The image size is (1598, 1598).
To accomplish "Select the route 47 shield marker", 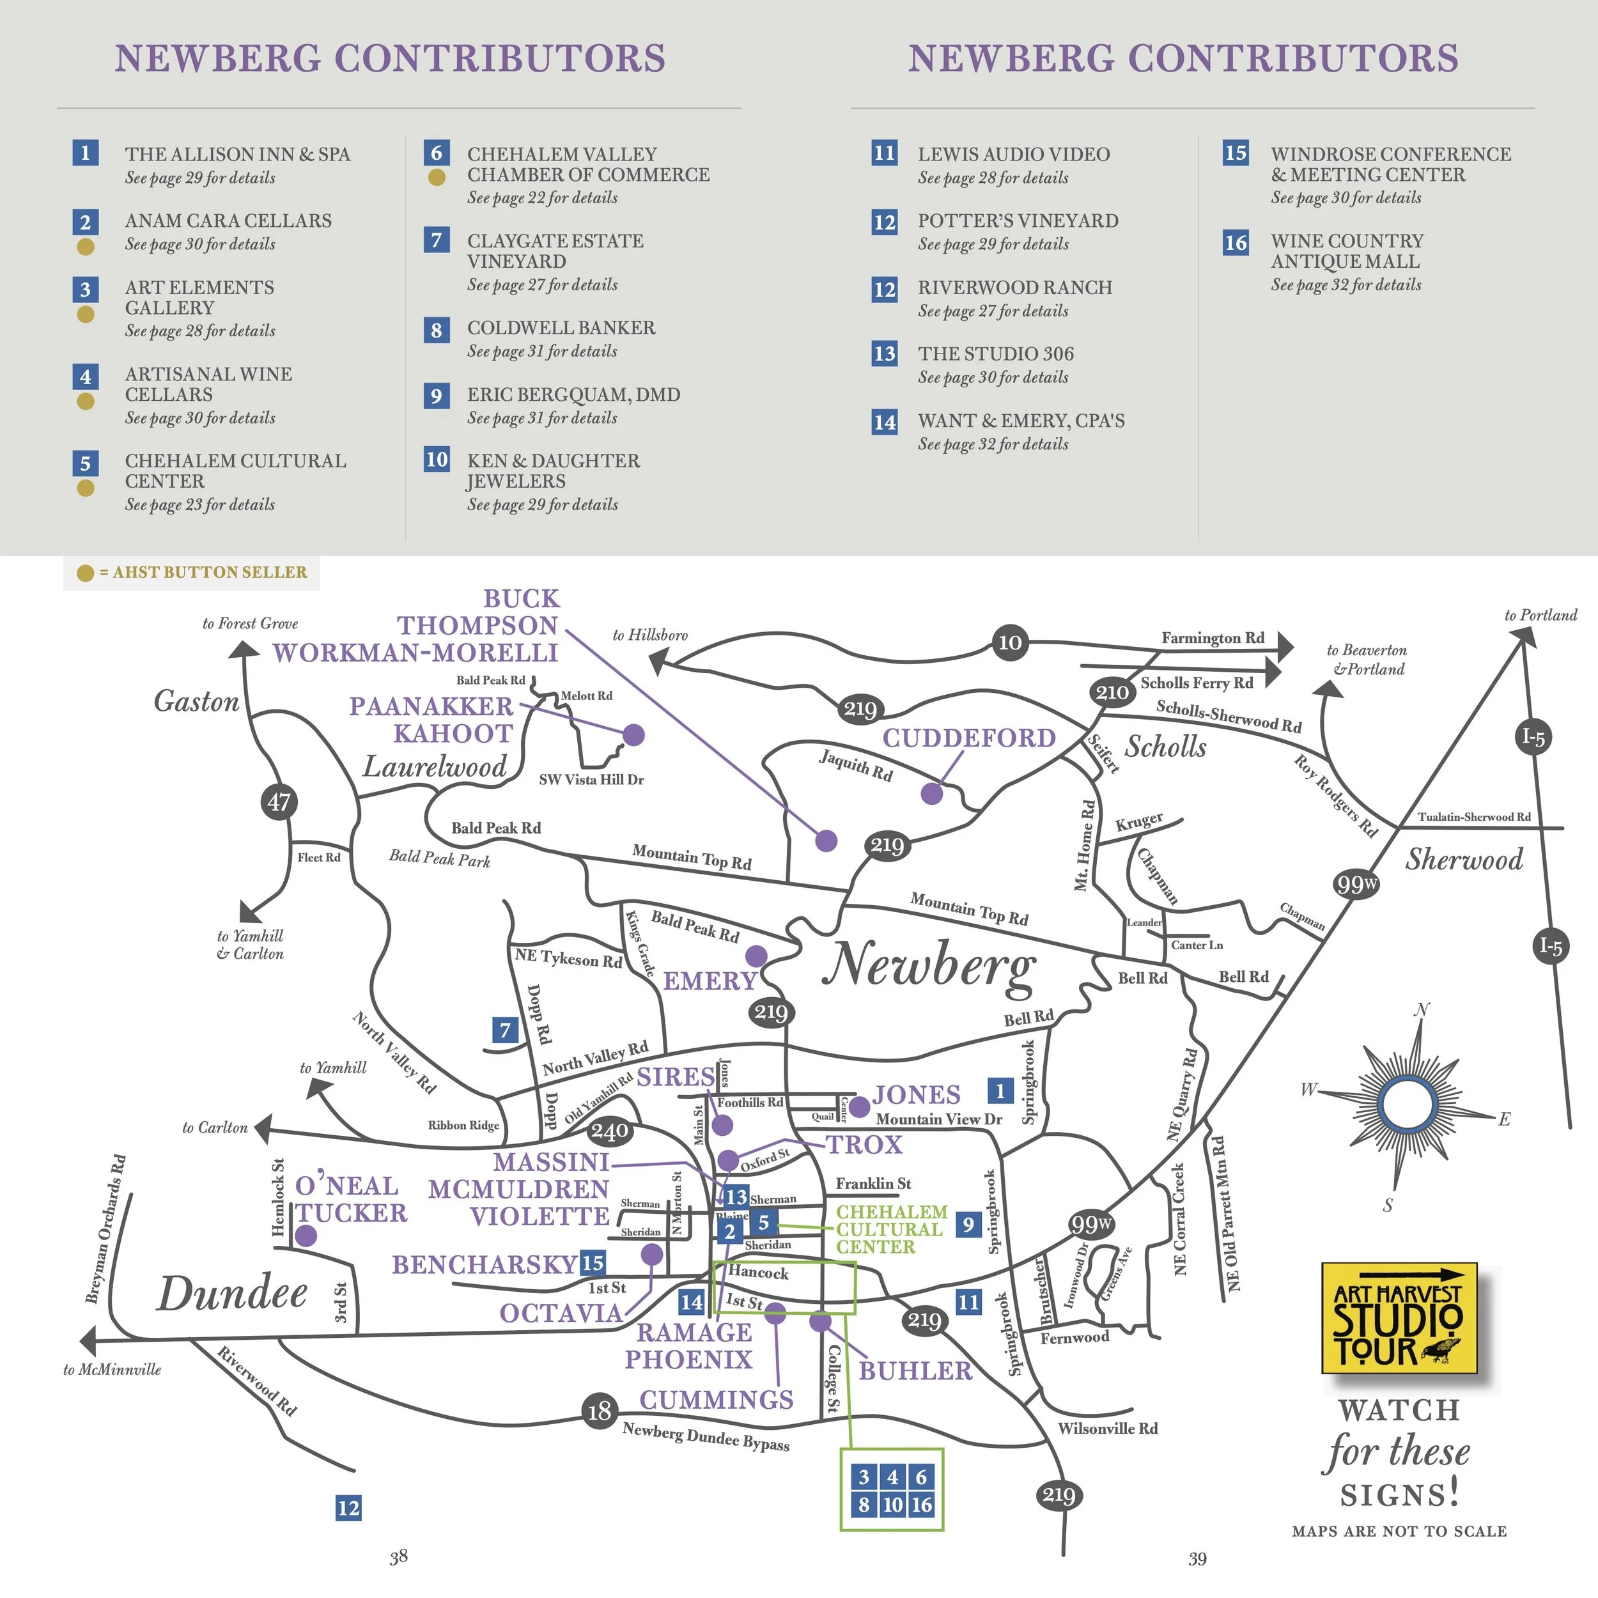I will (x=279, y=802).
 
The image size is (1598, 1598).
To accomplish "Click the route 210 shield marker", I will (x=1112, y=692).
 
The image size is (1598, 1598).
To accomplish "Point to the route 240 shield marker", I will (x=610, y=1131).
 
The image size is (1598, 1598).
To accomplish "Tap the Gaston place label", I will (x=196, y=701).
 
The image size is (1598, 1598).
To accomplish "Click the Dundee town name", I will (x=233, y=1294).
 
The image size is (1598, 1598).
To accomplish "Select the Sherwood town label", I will (x=1464, y=859).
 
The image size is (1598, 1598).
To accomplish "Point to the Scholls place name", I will (x=1165, y=747).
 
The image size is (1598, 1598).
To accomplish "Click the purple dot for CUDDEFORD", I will (x=932, y=793).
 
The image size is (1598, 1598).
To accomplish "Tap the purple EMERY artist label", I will (x=710, y=981).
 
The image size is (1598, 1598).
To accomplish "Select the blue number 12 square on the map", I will (x=348, y=1508).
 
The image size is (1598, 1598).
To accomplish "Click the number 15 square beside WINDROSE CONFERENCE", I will (x=1236, y=153).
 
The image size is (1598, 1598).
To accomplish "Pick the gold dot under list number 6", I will (x=437, y=177).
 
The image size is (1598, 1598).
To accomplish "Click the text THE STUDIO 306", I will (x=996, y=354).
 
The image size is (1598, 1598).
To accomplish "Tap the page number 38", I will (x=399, y=1558).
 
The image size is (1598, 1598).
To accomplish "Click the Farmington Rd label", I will (x=1213, y=638).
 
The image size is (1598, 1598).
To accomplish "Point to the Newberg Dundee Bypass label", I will (x=706, y=1437).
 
